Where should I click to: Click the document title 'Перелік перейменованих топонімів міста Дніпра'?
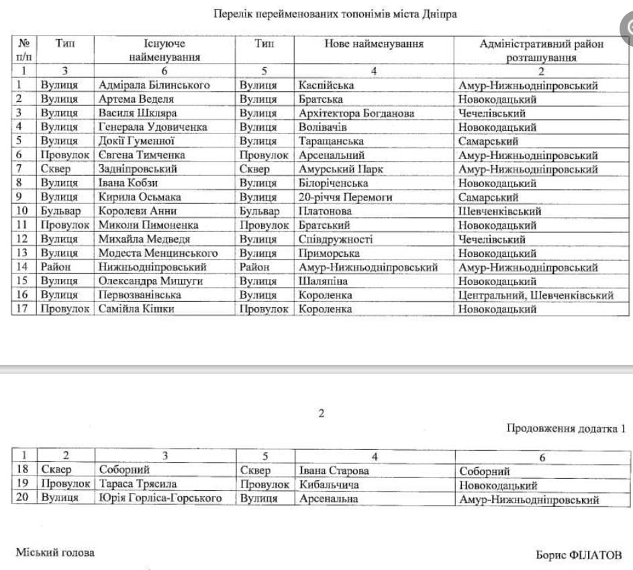pyautogui.click(x=336, y=13)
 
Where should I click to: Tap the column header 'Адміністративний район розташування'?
pyautogui.click(x=541, y=51)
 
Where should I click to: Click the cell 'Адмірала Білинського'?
pyautogui.click(x=154, y=85)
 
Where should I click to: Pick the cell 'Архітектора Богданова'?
pyautogui.click(x=356, y=113)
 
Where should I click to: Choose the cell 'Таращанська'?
pyautogui.click(x=332, y=141)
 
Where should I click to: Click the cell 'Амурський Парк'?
pyautogui.click(x=341, y=169)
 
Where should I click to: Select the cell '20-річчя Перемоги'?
pyautogui.click(x=345, y=197)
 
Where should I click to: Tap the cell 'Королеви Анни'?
pyautogui.click(x=136, y=211)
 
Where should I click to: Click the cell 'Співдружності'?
pyautogui.click(x=336, y=239)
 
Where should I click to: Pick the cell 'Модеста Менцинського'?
pyautogui.click(x=158, y=253)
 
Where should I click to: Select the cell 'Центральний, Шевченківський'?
pyautogui.click(x=536, y=295)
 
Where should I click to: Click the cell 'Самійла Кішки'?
pyautogui.click(x=136, y=309)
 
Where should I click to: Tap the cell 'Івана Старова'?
pyautogui.click(x=334, y=471)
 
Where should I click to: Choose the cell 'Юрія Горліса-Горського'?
pyautogui.click(x=160, y=499)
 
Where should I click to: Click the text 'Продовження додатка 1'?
pyautogui.click(x=565, y=429)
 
